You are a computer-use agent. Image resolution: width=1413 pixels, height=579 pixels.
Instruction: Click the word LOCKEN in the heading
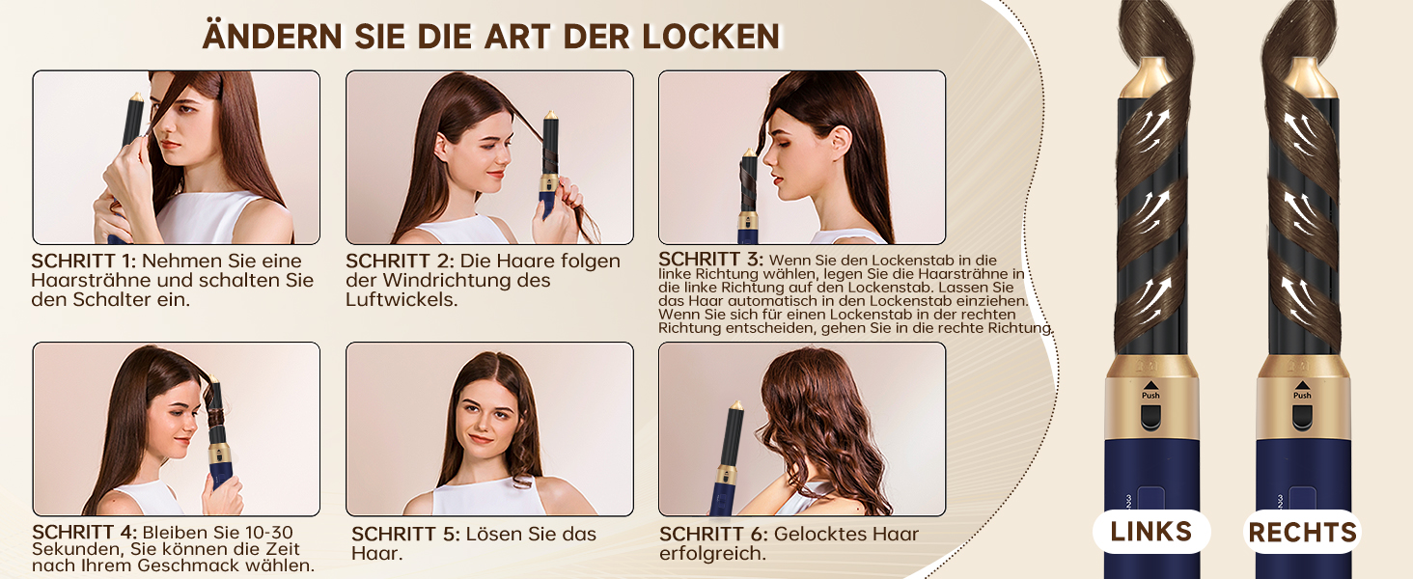click(711, 37)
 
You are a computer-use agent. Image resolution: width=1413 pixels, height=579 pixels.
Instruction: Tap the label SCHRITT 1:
click(84, 262)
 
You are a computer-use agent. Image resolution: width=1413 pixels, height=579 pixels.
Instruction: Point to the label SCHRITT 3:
click(711, 260)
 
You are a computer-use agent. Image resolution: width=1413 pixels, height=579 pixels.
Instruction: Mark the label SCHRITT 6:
click(713, 535)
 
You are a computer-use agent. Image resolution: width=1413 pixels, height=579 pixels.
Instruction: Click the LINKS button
click(1151, 532)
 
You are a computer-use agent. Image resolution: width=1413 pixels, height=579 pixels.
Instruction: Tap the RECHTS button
click(1302, 533)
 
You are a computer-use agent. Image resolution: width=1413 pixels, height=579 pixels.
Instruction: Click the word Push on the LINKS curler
click(1150, 396)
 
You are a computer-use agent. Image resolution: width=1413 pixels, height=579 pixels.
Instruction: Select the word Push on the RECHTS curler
click(1302, 396)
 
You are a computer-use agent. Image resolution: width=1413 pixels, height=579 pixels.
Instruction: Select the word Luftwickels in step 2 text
click(402, 299)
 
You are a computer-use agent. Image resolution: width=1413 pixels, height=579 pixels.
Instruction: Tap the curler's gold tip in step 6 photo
click(736, 405)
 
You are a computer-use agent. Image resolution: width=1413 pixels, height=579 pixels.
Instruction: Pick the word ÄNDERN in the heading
click(274, 36)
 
